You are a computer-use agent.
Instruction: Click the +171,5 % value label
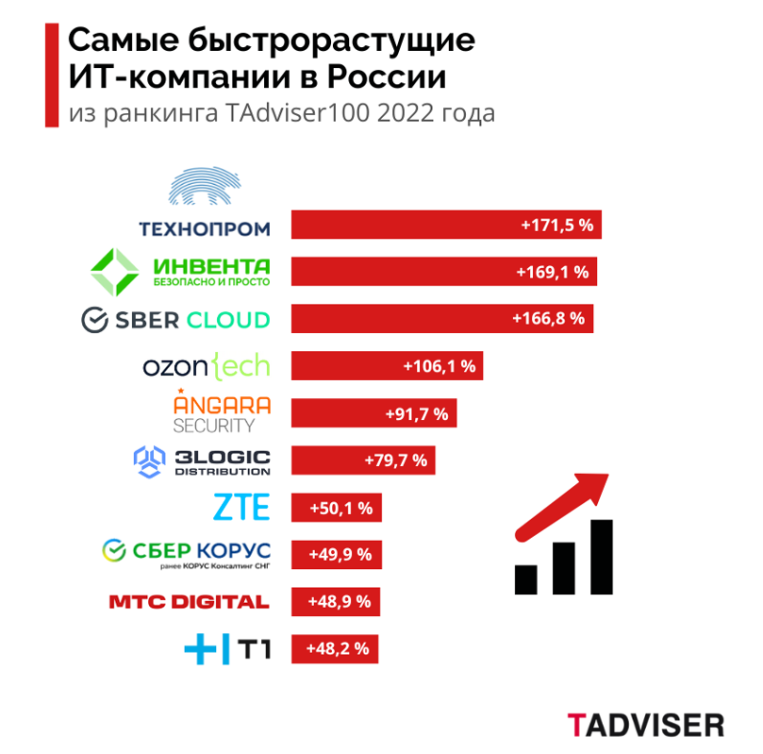coord(556,226)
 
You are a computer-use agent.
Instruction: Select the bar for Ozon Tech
coord(387,366)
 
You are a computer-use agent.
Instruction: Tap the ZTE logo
coord(241,509)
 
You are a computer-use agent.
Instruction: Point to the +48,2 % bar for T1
coord(336,648)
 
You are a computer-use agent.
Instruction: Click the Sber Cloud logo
coord(176,319)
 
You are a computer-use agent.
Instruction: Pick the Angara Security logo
coord(222,411)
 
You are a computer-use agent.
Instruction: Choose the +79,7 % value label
coord(395,461)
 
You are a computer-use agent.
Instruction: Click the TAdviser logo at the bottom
coord(646,725)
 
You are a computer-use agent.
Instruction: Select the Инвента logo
coord(180,271)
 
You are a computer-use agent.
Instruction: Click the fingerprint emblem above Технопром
coord(205,187)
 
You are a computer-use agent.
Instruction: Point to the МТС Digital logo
coord(189,602)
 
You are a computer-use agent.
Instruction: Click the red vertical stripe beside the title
coord(51,75)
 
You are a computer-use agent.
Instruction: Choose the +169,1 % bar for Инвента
coord(444,272)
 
